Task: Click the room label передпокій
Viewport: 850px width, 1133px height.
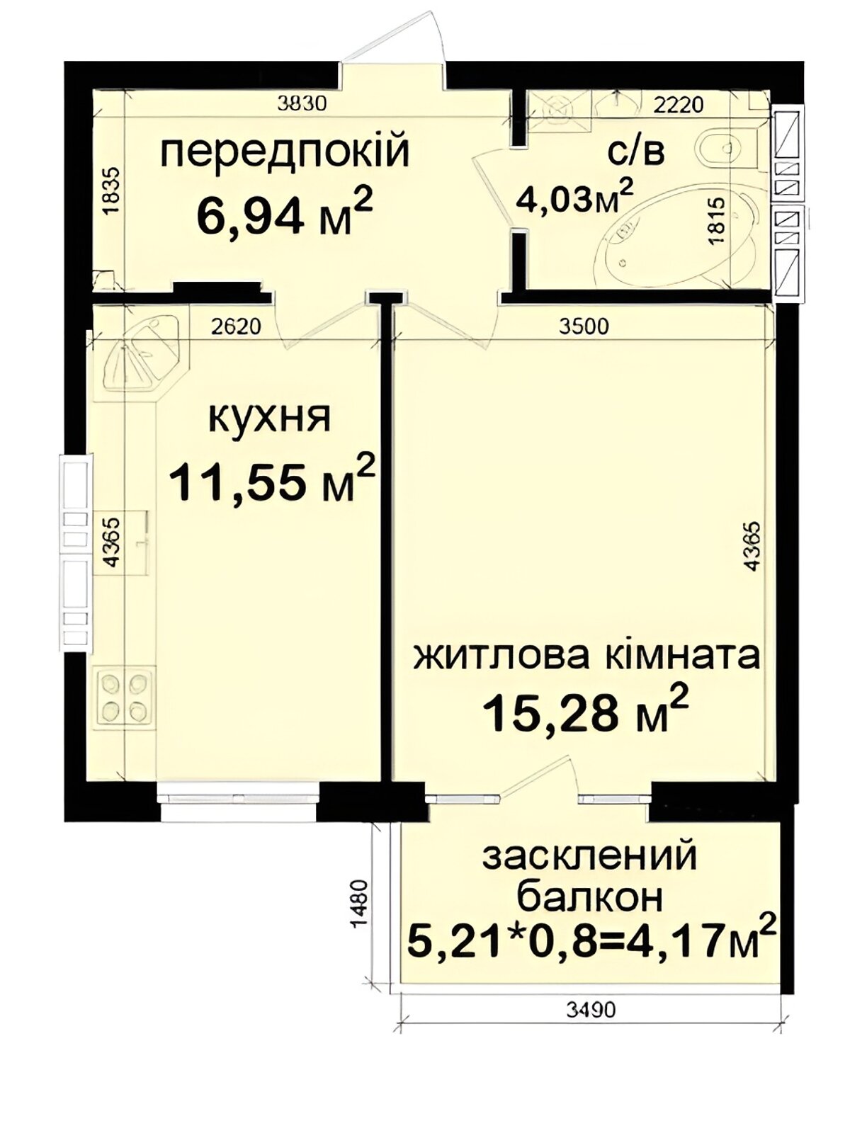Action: pos(285,152)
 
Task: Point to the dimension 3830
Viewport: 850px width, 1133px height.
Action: pos(302,104)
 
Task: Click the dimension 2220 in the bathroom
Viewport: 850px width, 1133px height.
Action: pos(678,105)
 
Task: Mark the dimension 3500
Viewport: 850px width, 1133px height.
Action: pos(585,326)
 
